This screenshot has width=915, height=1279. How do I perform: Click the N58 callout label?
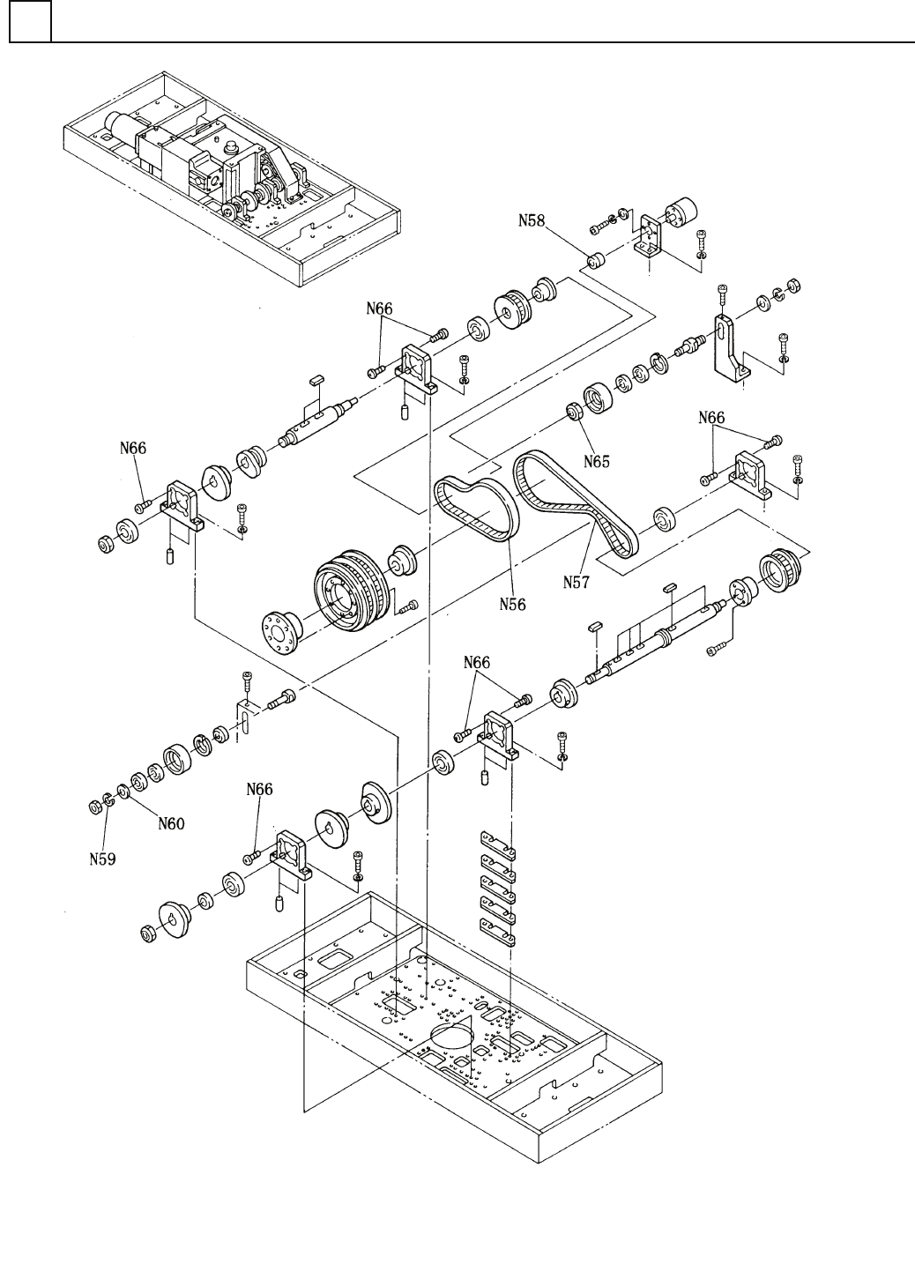[x=532, y=220]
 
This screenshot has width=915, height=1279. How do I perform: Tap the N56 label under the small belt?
[x=512, y=604]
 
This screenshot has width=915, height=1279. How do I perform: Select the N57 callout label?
[x=576, y=583]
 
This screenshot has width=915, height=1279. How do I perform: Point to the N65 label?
[x=596, y=461]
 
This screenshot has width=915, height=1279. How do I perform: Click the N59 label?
[x=102, y=859]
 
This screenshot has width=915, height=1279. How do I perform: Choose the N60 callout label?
[x=171, y=823]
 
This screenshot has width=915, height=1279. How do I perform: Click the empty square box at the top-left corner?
[x=30, y=21]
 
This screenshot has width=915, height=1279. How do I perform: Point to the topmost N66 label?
[x=379, y=309]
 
